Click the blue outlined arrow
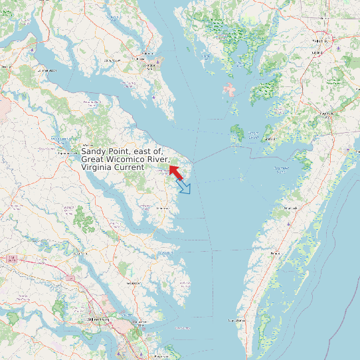pyautogui.click(x=184, y=187)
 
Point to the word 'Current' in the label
pyautogui.click(x=129, y=167)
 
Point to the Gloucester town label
pyautogui.click(x=133, y=283)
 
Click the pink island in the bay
pyautogui.click(x=229, y=89)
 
